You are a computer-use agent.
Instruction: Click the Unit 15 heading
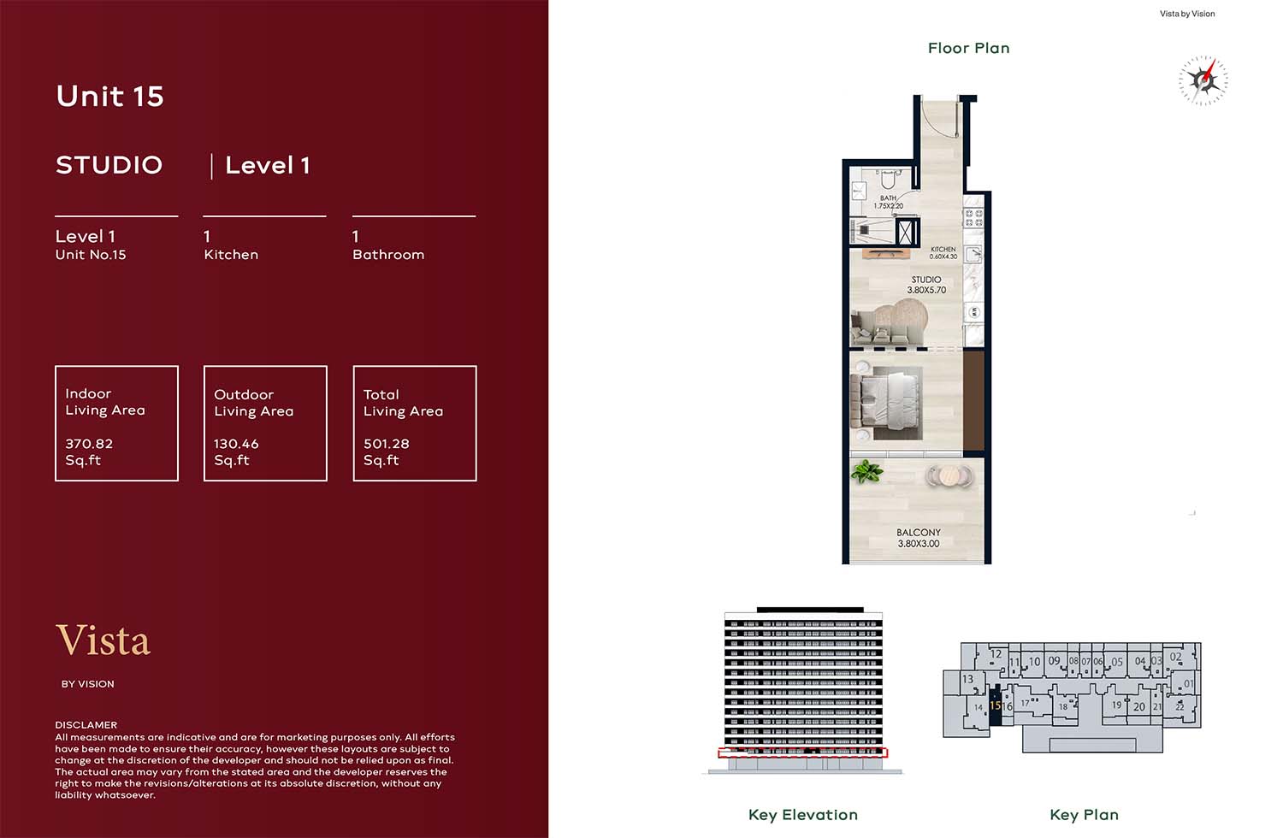110,96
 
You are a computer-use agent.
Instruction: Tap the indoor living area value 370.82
89,443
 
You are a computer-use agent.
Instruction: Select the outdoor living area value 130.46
236,443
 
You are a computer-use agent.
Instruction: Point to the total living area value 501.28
387,443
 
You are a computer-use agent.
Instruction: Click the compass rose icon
1203,80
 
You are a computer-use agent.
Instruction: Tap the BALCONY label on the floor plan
918,532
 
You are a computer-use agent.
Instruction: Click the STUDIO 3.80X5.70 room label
926,285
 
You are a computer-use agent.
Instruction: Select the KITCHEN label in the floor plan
943,249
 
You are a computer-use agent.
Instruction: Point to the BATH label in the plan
888,198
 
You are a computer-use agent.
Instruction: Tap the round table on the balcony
949,475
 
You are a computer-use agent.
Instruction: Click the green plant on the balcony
866,472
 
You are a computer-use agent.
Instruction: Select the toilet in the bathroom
887,180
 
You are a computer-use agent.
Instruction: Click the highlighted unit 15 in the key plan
996,705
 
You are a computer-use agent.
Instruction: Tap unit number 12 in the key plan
996,653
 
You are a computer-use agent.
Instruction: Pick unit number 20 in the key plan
1139,707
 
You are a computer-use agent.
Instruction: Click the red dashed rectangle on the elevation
802,752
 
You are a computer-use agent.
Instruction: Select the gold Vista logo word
103,640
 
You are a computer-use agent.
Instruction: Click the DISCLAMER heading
86,724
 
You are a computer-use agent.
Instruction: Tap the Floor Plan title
968,48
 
